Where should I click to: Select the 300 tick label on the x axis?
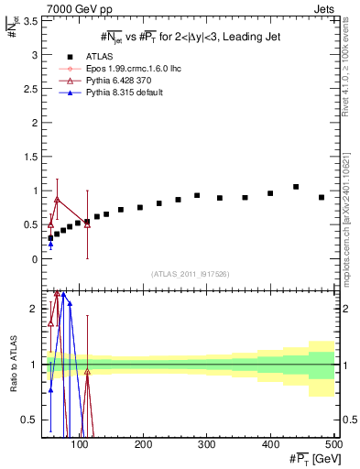click(207, 444)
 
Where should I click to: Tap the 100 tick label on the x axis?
click(81, 444)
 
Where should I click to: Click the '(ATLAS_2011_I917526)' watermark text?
click(190, 274)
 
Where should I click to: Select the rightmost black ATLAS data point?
click(322, 197)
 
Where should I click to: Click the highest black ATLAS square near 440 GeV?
click(296, 187)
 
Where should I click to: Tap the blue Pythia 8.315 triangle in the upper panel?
click(50, 244)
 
